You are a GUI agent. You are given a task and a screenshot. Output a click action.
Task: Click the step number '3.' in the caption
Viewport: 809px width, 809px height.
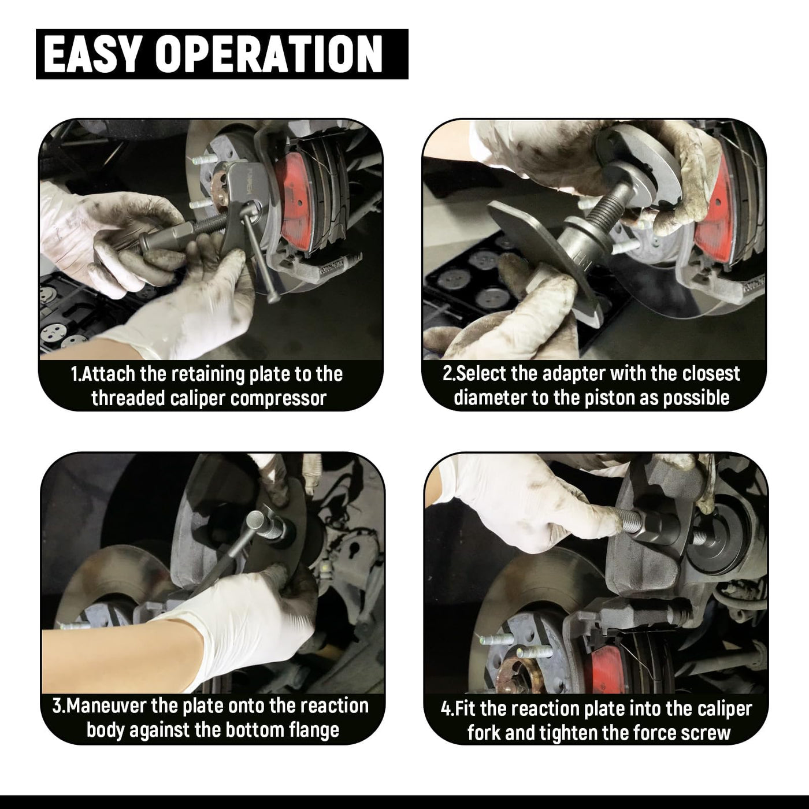pos(59,706)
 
